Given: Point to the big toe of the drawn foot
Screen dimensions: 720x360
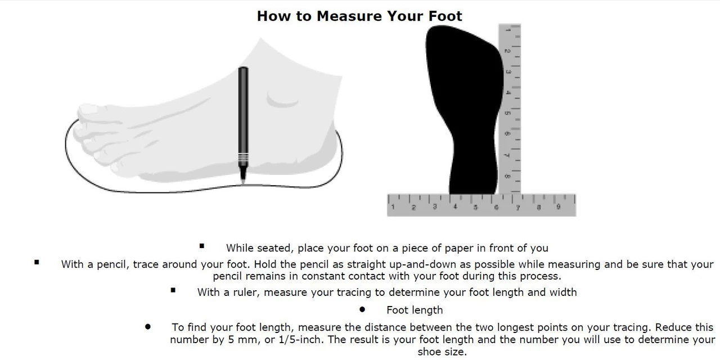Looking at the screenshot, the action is coord(91,111).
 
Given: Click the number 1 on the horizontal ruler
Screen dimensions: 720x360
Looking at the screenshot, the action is coord(393,206).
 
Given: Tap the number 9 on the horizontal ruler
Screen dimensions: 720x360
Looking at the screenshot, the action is coord(559,206).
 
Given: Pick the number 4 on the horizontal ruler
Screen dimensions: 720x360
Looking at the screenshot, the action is coord(455,206).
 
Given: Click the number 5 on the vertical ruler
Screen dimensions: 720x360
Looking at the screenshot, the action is coord(507,113).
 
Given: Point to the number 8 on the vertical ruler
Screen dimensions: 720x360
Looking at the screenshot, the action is coord(507,176).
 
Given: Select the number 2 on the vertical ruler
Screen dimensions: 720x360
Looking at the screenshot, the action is coord(507,51).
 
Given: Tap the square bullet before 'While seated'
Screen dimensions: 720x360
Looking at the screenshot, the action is coord(202,246).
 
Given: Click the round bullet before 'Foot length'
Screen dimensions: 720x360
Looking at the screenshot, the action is coord(362,309).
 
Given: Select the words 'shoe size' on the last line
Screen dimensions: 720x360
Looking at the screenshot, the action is coord(442,352).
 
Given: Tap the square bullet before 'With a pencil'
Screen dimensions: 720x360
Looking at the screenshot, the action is coord(37,262).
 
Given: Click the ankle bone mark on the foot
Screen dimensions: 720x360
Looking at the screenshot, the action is coord(282,100).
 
